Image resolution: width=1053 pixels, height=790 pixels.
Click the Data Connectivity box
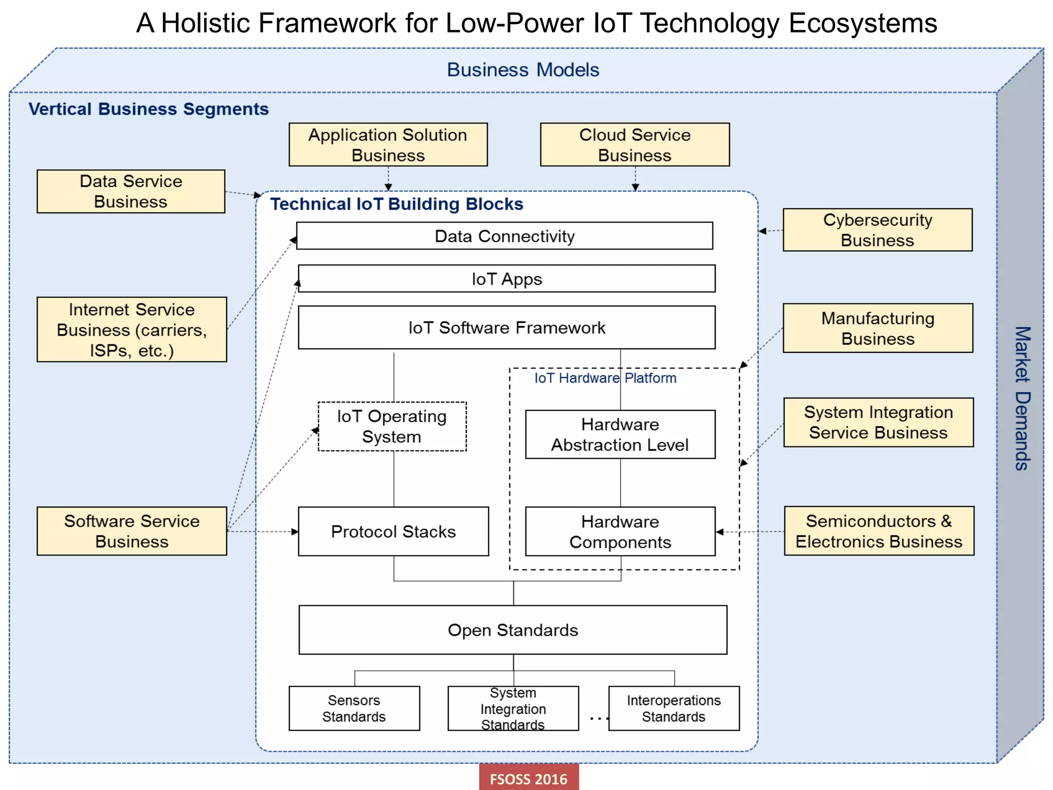click(504, 236)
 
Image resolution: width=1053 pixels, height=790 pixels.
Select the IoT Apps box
click(506, 279)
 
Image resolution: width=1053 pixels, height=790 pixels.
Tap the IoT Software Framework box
click(506, 328)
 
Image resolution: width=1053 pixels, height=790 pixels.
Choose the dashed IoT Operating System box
click(392, 426)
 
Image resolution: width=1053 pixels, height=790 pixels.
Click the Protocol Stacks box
click(393, 531)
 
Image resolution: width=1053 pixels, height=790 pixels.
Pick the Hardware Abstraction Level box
click(620, 434)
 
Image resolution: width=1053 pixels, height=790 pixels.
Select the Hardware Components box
click(620, 531)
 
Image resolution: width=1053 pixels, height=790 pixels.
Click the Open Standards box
click(513, 630)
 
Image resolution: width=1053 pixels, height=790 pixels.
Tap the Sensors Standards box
click(354, 708)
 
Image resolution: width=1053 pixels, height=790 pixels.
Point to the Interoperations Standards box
click(674, 708)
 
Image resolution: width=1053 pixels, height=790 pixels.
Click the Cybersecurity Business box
click(877, 230)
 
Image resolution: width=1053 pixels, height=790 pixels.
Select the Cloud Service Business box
click(634, 145)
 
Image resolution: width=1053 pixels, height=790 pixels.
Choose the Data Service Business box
click(131, 191)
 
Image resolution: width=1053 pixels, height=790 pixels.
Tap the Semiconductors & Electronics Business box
click(879, 531)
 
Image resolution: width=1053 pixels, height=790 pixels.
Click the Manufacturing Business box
click(878, 328)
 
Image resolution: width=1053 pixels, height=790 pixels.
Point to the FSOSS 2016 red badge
click(529, 778)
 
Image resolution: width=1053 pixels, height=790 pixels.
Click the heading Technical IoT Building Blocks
click(396, 204)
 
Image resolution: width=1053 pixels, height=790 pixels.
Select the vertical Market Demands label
click(1022, 398)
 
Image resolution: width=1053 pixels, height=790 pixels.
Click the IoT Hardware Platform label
click(605, 378)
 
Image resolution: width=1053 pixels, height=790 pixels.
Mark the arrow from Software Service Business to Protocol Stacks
click(262, 531)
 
